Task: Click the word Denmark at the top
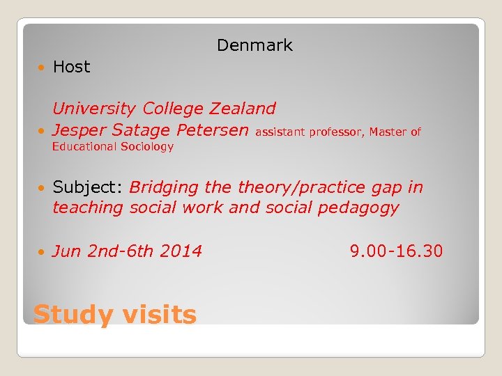pyautogui.click(x=254, y=45)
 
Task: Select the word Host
pyautogui.click(x=71, y=67)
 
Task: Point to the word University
pyautogui.click(x=94, y=109)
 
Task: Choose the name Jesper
pyautogui.click(x=79, y=130)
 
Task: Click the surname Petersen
pyautogui.click(x=212, y=130)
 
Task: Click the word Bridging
pyautogui.click(x=164, y=187)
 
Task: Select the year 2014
pyautogui.click(x=181, y=251)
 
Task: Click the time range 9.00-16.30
pyautogui.click(x=396, y=251)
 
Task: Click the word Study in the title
pyautogui.click(x=73, y=315)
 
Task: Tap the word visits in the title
pyautogui.click(x=160, y=315)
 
